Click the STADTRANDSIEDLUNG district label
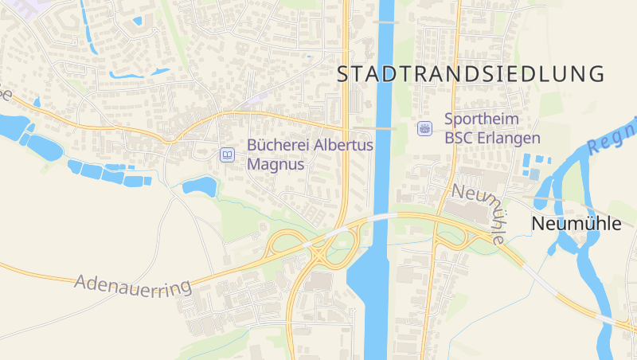[x=471, y=74]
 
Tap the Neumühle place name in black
[x=576, y=224]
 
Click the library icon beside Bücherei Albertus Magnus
[x=228, y=155]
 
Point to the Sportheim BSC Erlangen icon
[x=425, y=127]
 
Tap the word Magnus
[x=276, y=165]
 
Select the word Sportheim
[x=481, y=119]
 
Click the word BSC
[x=459, y=138]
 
